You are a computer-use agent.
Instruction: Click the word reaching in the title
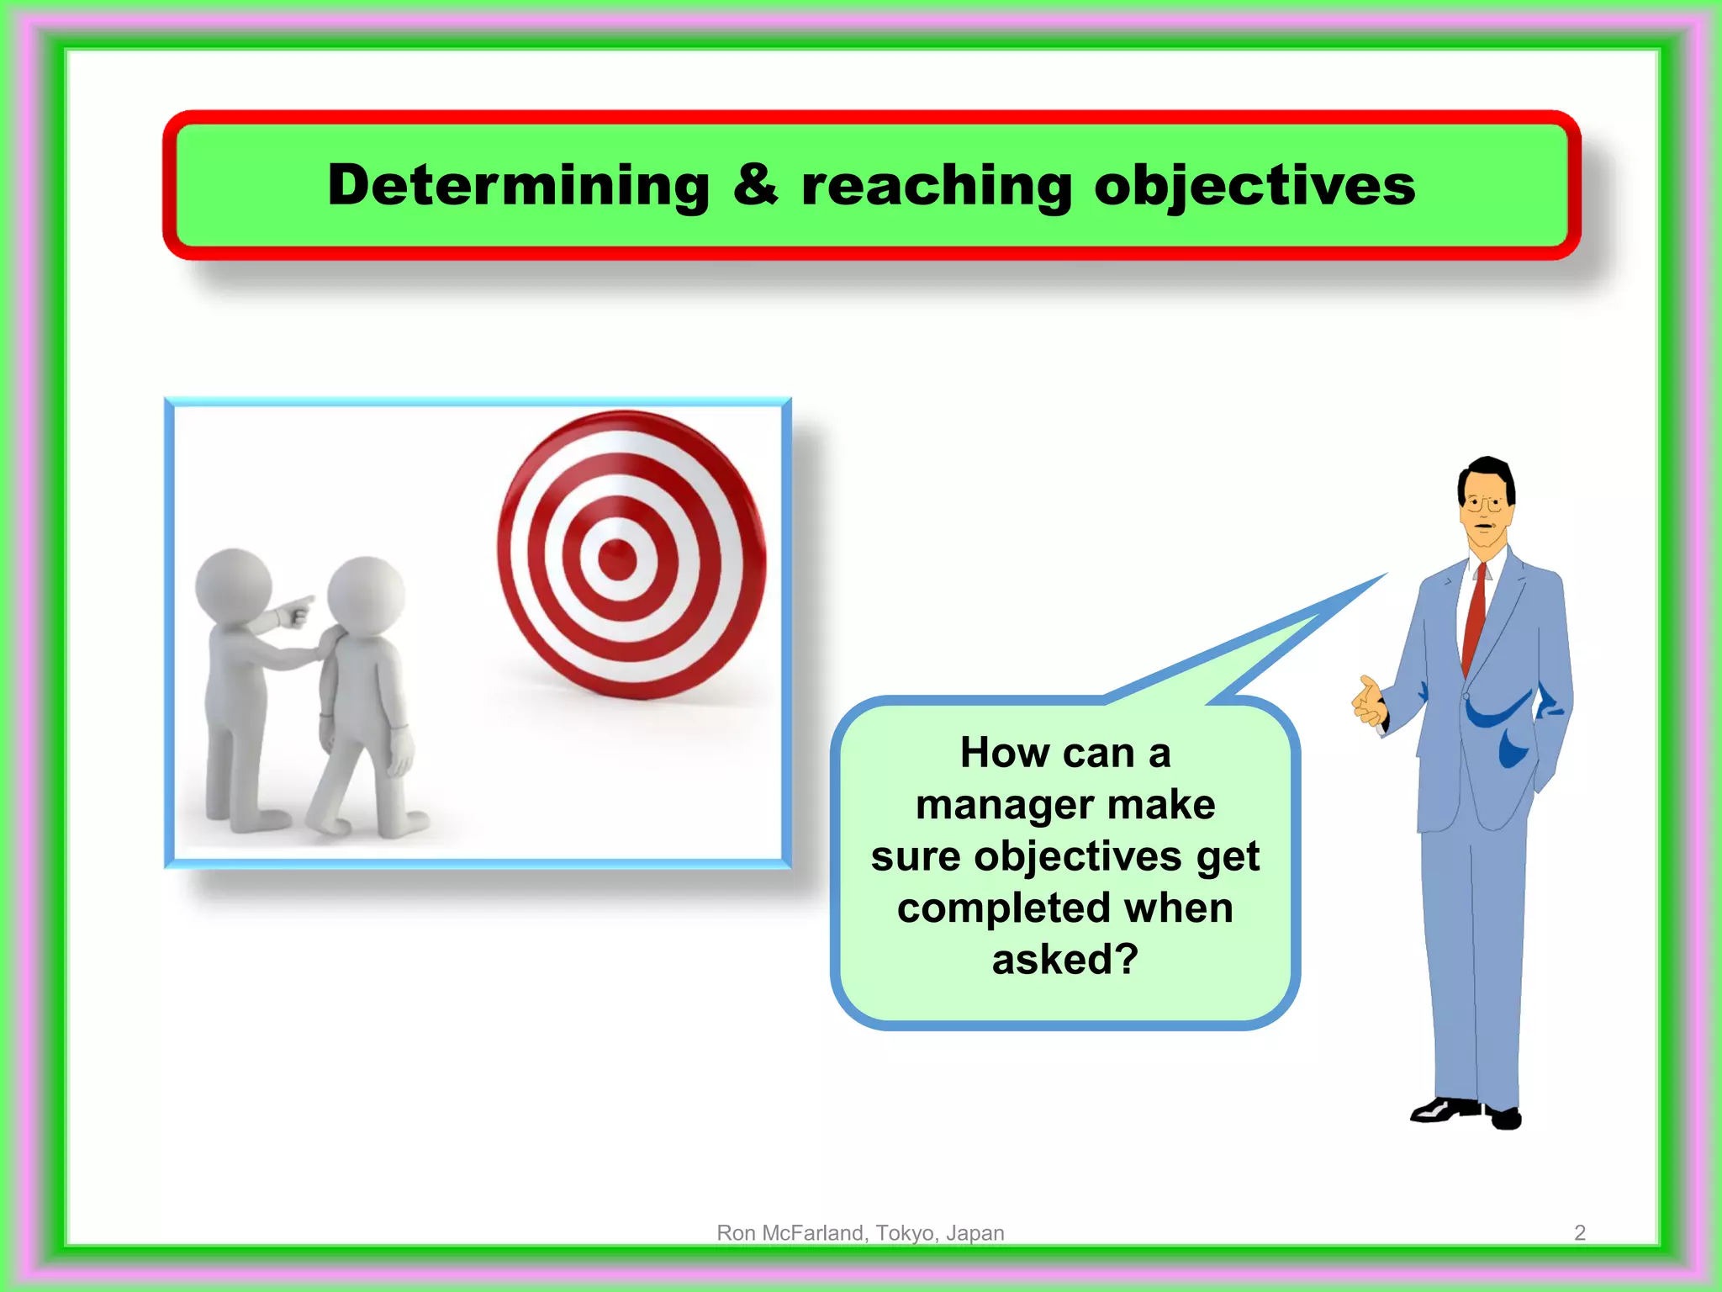tap(936, 187)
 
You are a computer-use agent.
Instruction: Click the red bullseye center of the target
tap(618, 559)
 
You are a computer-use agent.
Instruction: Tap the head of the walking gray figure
tap(366, 595)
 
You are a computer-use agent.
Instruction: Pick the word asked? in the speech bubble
tap(1064, 960)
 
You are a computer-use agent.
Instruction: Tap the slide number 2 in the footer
tap(1579, 1233)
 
